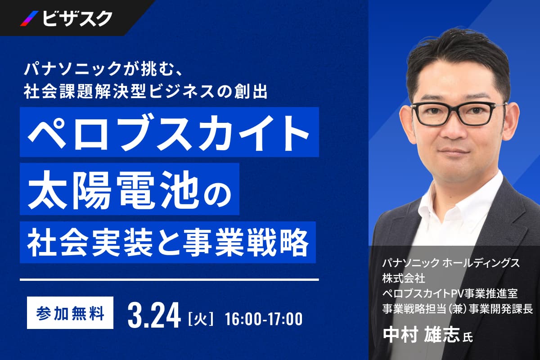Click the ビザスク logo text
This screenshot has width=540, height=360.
(x=77, y=18)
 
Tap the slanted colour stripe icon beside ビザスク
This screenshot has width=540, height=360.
(x=29, y=18)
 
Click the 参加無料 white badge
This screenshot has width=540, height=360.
(x=70, y=313)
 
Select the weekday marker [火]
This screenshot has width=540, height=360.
(x=201, y=319)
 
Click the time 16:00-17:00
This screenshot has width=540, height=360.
(x=264, y=319)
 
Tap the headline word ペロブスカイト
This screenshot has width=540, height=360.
(x=168, y=133)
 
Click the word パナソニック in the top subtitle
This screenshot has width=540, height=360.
(x=72, y=68)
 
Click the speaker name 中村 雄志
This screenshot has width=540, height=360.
(x=421, y=335)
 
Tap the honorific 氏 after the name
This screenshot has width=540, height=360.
(x=468, y=337)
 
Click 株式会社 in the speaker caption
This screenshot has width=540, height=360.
(x=404, y=279)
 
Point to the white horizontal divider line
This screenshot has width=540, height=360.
(x=169, y=280)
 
